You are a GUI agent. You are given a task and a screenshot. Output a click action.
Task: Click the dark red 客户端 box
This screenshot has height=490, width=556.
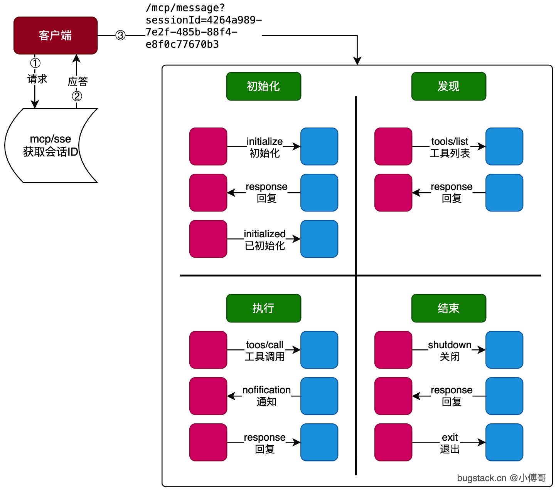coord(56,35)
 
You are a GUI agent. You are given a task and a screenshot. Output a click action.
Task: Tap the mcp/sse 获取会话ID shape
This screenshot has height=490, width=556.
coord(50,145)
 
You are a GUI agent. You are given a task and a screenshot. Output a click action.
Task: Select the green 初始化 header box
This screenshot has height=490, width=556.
coord(263,86)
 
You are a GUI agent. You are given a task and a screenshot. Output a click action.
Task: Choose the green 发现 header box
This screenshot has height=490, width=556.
coord(448,86)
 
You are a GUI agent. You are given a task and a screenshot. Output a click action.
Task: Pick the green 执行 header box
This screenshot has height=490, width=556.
coord(263,308)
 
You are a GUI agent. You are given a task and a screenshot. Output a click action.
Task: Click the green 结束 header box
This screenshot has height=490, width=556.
coord(448,308)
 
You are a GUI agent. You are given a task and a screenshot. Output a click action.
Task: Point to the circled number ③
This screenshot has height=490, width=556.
coord(121,35)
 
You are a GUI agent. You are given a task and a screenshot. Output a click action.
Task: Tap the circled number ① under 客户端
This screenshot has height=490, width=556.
coord(35,63)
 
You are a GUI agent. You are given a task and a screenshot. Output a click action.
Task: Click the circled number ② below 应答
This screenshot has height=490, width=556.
coord(77,96)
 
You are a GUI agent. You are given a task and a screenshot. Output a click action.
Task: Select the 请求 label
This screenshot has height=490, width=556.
coord(37,79)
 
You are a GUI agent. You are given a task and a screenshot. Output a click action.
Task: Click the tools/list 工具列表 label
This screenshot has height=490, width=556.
coord(450,147)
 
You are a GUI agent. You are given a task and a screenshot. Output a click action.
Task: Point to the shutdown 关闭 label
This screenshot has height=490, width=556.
coord(450,351)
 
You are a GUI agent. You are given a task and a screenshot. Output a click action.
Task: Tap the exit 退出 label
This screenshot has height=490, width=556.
coord(450,443)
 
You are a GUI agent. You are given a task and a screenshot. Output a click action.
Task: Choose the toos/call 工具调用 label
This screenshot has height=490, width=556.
coord(265,351)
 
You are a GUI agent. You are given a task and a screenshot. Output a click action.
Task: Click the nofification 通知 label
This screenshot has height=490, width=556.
coord(266,396)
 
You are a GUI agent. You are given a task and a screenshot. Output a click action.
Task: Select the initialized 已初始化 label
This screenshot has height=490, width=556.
coord(265,240)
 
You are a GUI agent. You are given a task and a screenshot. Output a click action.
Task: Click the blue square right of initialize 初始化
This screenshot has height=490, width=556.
coord(319,146)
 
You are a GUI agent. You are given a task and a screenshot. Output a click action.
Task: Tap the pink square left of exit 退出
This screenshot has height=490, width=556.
coord(393,442)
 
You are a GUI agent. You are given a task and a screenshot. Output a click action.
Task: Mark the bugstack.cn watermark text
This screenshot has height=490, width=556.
coord(501,478)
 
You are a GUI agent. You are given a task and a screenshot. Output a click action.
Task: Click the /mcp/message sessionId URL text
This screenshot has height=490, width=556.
coord(203,26)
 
